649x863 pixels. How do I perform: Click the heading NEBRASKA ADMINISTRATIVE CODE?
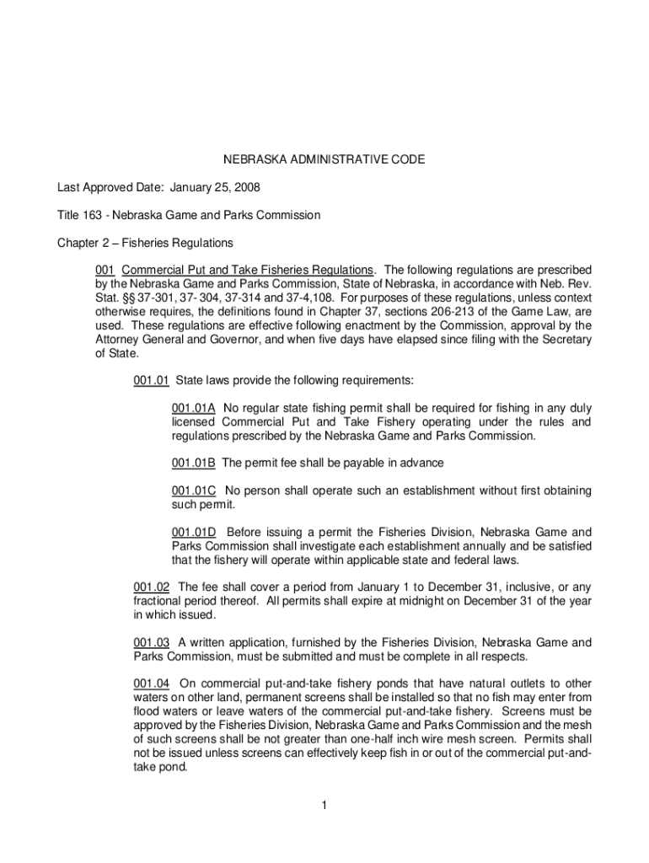pos(324,159)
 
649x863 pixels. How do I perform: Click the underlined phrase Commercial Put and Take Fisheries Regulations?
pos(247,270)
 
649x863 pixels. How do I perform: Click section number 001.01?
pos(152,380)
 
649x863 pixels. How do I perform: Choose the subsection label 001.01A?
pos(194,408)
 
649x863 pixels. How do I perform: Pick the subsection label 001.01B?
pos(194,463)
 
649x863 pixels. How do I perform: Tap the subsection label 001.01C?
pos(194,490)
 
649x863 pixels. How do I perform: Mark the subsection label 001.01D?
pos(194,532)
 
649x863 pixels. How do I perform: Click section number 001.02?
pos(152,587)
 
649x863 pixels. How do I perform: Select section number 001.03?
pos(152,641)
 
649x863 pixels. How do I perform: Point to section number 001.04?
pos(152,683)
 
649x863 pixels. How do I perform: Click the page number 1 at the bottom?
pos(324,806)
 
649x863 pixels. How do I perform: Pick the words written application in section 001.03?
pos(231,641)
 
